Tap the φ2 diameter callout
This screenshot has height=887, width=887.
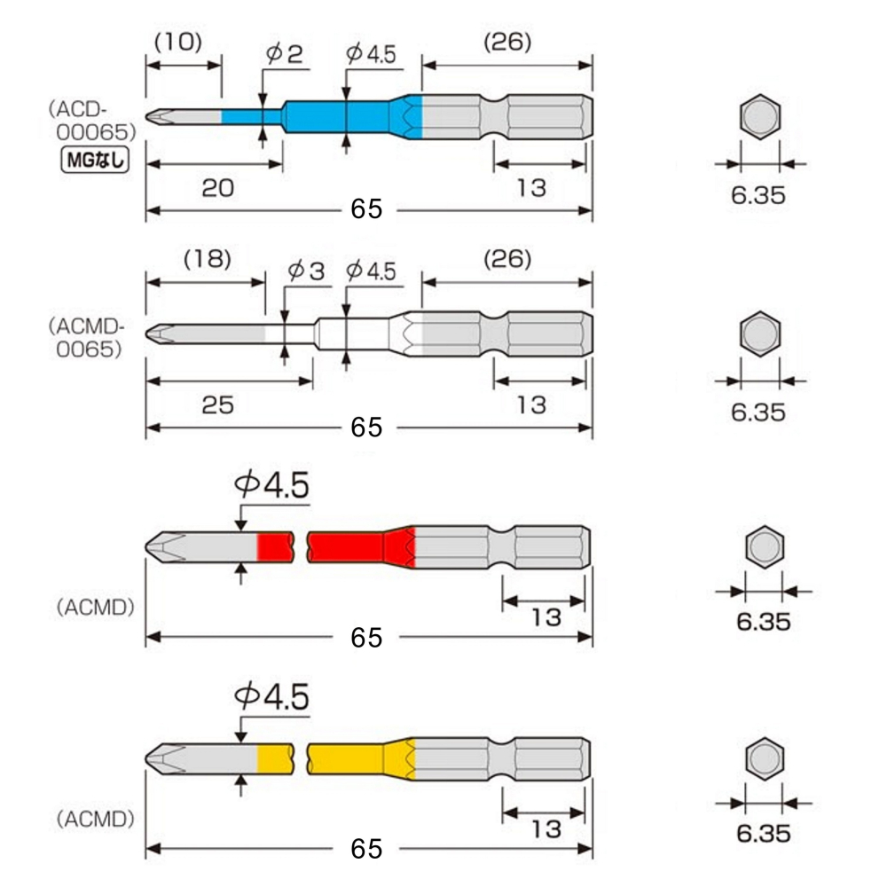(x=284, y=54)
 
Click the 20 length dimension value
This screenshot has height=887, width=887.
(x=216, y=188)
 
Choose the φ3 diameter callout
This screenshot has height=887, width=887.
(x=307, y=271)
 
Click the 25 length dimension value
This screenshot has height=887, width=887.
(x=216, y=404)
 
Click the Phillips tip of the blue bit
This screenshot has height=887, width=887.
(x=159, y=117)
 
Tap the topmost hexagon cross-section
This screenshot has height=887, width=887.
(x=760, y=117)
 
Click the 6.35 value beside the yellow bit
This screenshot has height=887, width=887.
(x=763, y=834)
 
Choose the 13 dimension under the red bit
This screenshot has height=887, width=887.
(x=546, y=616)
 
